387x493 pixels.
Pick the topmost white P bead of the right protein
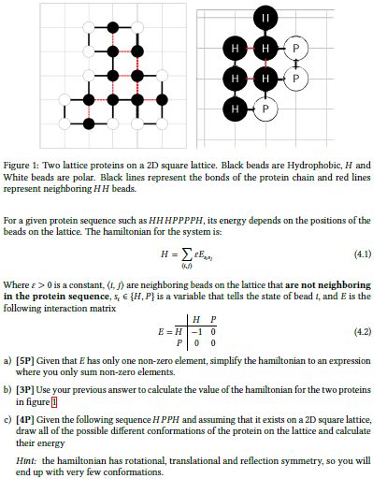point(294,48)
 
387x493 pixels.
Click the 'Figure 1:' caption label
point(34,164)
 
